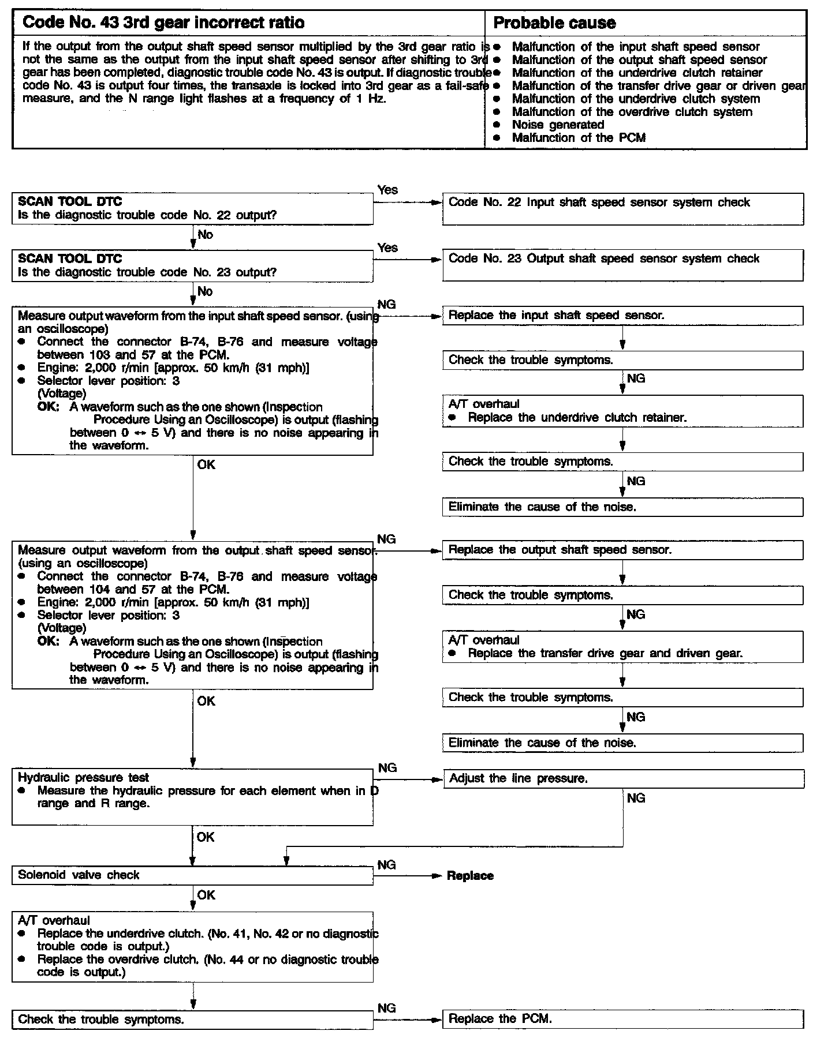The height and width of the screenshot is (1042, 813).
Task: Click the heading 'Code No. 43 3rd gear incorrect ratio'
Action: coord(163,23)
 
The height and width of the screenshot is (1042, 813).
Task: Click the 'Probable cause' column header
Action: coord(554,23)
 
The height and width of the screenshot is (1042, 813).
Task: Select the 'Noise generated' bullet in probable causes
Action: coord(558,125)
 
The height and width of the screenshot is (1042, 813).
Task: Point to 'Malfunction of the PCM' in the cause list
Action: coord(579,138)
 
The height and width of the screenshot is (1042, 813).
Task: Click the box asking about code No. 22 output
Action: coord(192,208)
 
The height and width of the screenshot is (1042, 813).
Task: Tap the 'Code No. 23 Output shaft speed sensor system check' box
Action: coord(622,265)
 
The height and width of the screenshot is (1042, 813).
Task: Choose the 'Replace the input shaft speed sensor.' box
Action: coord(622,316)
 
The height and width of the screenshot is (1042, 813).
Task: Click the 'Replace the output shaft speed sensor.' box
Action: coord(622,550)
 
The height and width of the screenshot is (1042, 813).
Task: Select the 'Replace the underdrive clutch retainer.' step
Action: coord(577,418)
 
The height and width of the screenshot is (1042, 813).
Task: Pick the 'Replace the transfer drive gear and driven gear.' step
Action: coord(605,654)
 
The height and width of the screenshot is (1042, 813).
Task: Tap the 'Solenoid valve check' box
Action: coord(192,875)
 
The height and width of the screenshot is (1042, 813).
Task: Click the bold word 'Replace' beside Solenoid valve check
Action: coord(470,876)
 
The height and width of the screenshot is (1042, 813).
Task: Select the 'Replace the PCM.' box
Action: coord(622,1019)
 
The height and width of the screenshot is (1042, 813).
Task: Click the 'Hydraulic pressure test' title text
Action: coord(83,778)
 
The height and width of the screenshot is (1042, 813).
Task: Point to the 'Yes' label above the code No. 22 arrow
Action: coord(387,190)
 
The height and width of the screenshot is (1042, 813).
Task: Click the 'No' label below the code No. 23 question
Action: coord(205,291)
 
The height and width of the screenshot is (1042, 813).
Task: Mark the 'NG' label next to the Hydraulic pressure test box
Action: coord(387,768)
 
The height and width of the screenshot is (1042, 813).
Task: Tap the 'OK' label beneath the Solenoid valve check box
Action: coord(206,895)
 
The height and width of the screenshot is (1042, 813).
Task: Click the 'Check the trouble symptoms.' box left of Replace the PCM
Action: coord(192,1019)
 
